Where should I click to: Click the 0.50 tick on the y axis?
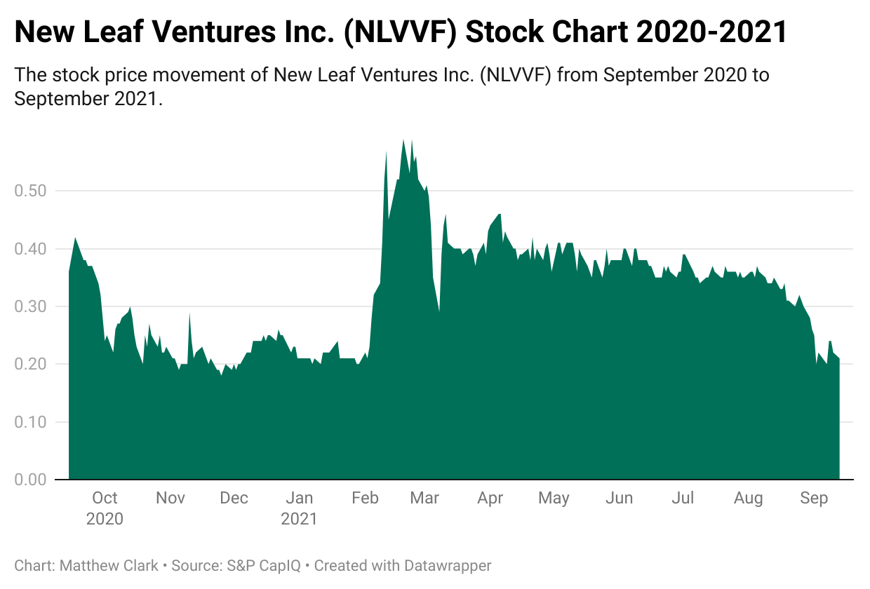pos(32,191)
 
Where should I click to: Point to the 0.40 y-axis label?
pos(32,249)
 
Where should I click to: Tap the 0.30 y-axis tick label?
pos(32,306)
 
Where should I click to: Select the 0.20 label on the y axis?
pos(32,365)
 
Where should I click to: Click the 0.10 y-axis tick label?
pos(32,422)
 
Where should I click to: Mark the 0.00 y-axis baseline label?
pos(32,480)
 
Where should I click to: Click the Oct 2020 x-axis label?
pos(105,508)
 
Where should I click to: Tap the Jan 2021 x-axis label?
pos(300,508)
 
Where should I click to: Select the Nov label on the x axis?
pos(170,498)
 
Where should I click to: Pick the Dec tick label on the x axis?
pos(234,498)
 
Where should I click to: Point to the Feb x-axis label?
pos(365,498)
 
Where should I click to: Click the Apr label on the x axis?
pos(490,498)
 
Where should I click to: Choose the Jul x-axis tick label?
pos(683,498)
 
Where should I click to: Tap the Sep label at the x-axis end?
pos(814,498)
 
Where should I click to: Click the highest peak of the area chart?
pos(403,140)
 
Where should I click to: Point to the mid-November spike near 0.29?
pos(189,313)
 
